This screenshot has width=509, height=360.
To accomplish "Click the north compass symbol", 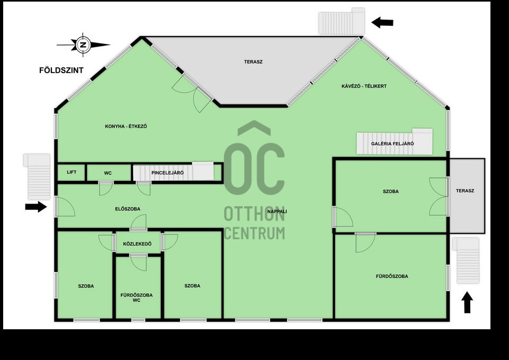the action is [x=83, y=45].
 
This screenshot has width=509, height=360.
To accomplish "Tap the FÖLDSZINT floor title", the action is [x=62, y=71].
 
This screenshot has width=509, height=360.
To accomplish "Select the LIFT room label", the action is [x=72, y=172].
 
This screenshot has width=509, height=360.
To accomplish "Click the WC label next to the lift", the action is [x=108, y=173].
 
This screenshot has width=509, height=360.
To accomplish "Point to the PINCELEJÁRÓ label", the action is [x=168, y=173].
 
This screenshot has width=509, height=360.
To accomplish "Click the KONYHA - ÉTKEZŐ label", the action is [x=126, y=126].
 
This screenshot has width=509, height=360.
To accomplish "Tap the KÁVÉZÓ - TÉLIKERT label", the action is [x=364, y=86].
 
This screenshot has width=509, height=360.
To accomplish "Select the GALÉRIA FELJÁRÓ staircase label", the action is [x=392, y=144].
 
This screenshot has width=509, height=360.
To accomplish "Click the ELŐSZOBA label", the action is [x=128, y=209].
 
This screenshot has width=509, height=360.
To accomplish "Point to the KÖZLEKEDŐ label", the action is [x=137, y=244].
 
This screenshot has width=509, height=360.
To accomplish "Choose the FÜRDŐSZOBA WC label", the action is [x=137, y=297].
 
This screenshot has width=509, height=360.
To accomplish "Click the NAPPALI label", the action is [x=277, y=212].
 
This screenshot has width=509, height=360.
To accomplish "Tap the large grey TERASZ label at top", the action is [x=253, y=62].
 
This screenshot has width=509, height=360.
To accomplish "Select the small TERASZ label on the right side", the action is [x=465, y=190].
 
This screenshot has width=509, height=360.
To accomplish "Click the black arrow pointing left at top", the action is [x=382, y=23].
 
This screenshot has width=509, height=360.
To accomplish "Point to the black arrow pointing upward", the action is [x=467, y=303].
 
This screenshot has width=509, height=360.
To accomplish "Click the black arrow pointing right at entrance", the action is [x=36, y=207].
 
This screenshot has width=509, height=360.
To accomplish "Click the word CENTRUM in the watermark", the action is [x=254, y=233].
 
